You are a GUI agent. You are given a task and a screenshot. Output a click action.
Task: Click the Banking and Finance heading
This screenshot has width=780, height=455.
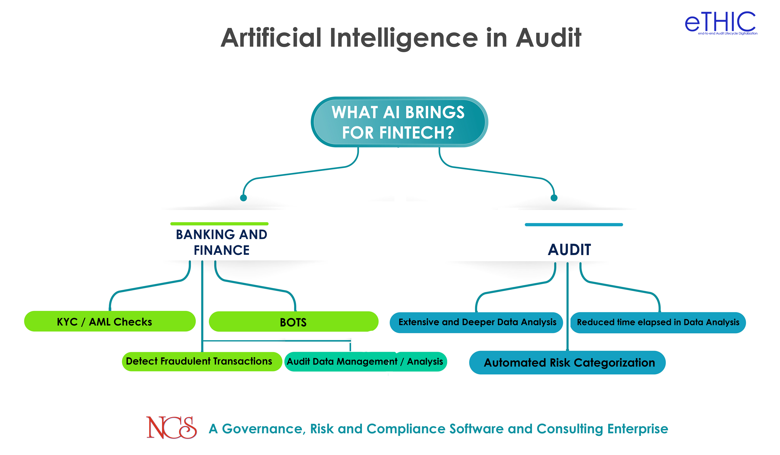222,242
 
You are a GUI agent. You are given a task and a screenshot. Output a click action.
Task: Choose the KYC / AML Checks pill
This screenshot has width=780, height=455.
110,322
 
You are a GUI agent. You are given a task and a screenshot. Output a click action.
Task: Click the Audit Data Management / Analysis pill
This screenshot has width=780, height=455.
365,361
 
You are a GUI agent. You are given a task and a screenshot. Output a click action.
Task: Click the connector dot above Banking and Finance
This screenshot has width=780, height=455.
244,198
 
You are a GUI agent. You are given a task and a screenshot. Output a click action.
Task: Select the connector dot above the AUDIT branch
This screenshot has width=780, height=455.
554,198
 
